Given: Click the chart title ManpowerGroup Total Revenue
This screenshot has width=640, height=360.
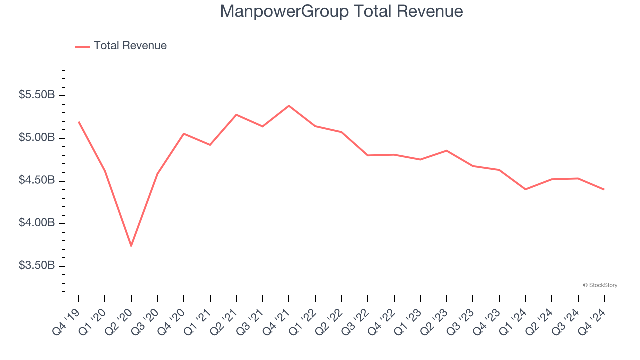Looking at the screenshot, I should [x=341, y=11].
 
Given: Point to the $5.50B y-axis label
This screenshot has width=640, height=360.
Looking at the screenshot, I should [x=37, y=95].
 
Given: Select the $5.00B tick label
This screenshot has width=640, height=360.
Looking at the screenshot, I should [x=37, y=137].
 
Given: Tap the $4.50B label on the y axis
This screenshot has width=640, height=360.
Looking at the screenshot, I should [x=37, y=180].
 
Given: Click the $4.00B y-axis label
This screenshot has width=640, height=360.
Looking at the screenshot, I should [x=37, y=223].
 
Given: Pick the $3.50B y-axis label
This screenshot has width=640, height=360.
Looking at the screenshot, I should [x=37, y=265].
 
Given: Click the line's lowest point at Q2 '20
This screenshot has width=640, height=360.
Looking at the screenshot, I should [x=131, y=246].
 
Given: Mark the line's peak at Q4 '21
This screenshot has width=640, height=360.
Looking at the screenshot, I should [x=289, y=106].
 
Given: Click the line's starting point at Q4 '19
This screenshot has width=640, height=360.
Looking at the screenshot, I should [x=79, y=122].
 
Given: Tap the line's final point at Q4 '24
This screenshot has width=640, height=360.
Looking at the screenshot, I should [x=604, y=189].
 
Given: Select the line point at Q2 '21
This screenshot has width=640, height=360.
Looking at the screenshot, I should [x=236, y=115].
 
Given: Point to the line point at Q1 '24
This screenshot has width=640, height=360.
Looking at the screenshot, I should [x=525, y=189].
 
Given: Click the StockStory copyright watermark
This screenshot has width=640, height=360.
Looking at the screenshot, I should [x=600, y=285].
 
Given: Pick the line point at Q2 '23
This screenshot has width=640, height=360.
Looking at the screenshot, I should [x=446, y=150].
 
